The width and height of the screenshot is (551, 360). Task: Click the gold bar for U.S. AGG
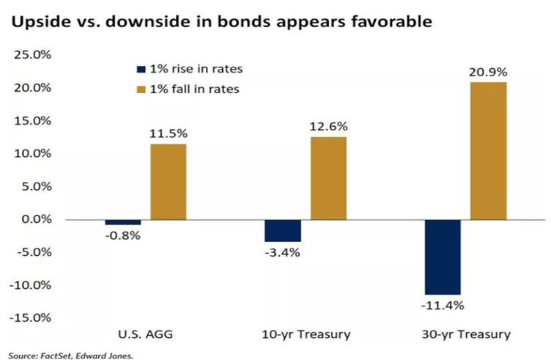pyautogui.click(x=169, y=182)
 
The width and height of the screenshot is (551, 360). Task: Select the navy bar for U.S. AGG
pyautogui.click(x=123, y=222)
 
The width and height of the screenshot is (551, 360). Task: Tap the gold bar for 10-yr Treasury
pyautogui.click(x=328, y=178)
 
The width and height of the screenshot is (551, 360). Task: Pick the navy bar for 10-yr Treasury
pyautogui.click(x=283, y=231)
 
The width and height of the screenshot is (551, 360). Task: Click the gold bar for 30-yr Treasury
pyautogui.click(x=488, y=151)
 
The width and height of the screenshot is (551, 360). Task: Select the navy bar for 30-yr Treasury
pyautogui.click(x=443, y=257)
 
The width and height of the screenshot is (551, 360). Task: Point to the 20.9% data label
pyautogui.click(x=487, y=73)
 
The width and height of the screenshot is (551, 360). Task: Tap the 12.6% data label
pyautogui.click(x=328, y=127)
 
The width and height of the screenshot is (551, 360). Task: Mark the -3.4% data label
pyautogui.click(x=283, y=253)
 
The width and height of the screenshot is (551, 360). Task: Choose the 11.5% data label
pyautogui.click(x=169, y=134)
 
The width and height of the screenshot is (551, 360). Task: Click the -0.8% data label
pyautogui.click(x=122, y=236)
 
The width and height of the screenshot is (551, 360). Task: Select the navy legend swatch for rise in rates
pyautogui.click(x=141, y=70)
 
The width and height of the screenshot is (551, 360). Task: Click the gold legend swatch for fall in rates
pyautogui.click(x=141, y=89)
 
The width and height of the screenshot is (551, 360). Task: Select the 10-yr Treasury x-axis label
pyautogui.click(x=306, y=334)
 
